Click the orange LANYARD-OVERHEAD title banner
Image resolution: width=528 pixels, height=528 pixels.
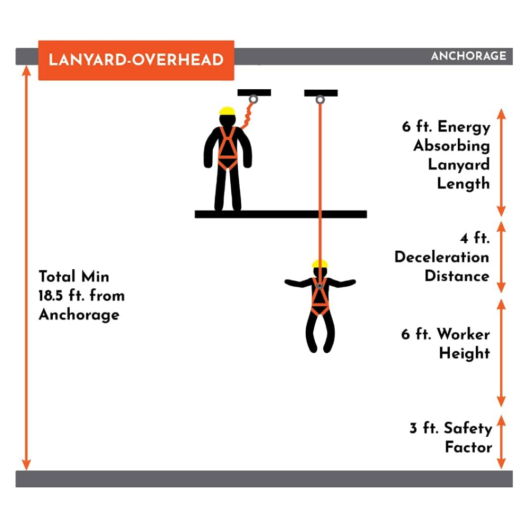click(x=136, y=60)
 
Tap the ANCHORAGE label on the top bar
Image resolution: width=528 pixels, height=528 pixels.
click(x=468, y=56)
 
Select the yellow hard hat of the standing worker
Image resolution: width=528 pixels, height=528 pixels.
click(x=227, y=111)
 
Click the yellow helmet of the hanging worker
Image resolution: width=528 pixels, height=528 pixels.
click(x=319, y=263)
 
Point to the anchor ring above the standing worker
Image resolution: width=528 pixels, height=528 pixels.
click(x=253, y=99)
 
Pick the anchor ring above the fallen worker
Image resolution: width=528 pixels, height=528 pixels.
click(x=320, y=100)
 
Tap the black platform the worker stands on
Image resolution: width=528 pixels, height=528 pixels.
click(x=281, y=214)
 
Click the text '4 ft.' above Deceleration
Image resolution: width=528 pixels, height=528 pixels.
click(x=475, y=238)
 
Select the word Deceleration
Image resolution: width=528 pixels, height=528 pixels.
click(x=442, y=257)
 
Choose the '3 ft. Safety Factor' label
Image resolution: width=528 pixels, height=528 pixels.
click(x=451, y=437)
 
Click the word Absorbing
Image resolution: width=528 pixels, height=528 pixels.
click(x=451, y=146)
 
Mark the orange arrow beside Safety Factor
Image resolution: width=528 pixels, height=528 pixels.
click(x=502, y=442)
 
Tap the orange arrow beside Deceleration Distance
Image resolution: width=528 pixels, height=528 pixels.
click(x=502, y=257)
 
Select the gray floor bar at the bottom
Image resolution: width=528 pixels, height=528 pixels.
click(x=264, y=479)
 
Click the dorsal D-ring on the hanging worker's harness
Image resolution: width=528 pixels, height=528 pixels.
click(x=319, y=286)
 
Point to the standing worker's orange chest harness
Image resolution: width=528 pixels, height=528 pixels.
click(x=227, y=148)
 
